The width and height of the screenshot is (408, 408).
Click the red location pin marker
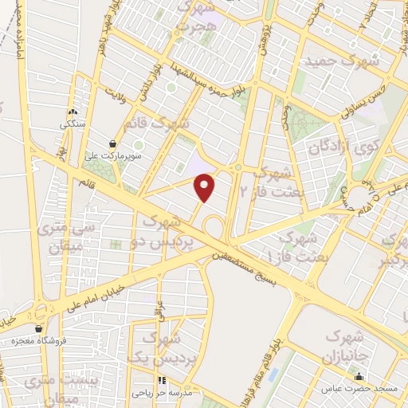point(206,187)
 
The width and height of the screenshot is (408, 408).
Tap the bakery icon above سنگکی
point(73,112)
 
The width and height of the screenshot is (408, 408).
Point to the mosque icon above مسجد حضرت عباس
point(359,377)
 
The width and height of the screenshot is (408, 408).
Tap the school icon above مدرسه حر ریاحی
point(163,381)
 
